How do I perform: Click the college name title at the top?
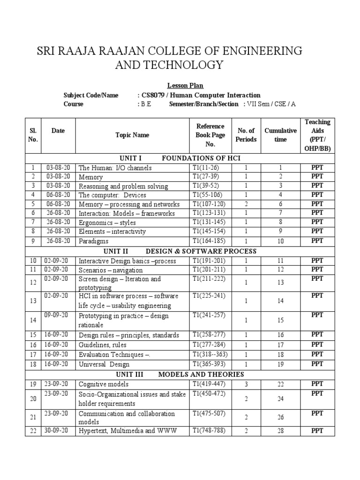pyautogui.click(x=169, y=58)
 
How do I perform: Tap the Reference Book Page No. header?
pyautogui.click(x=210, y=135)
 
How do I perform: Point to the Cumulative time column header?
pyautogui.click(x=280, y=135)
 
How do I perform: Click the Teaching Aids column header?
pyautogui.click(x=317, y=135)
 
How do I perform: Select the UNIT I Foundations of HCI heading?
pyautogui.click(x=180, y=158)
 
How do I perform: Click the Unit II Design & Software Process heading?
pyautogui.click(x=180, y=251)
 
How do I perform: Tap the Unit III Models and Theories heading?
pyautogui.click(x=180, y=375)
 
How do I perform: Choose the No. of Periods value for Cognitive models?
pyautogui.click(x=246, y=384)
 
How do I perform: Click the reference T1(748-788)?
pyautogui.click(x=211, y=431)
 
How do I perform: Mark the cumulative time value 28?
pyautogui.click(x=280, y=431)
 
